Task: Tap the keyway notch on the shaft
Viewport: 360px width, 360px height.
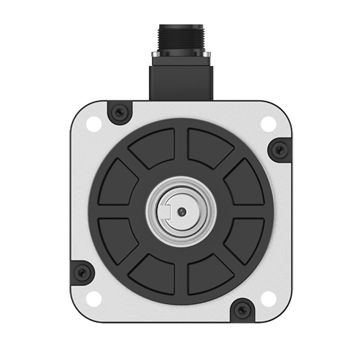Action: click(167, 211)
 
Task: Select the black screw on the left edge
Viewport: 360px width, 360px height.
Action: click(81, 271)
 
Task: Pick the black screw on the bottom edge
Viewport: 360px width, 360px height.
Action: click(242, 311)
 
